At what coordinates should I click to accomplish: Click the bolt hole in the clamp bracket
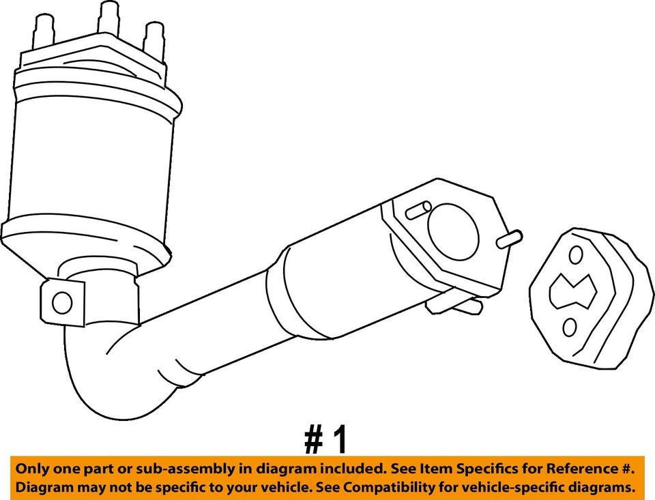pyautogui.click(x=61, y=302)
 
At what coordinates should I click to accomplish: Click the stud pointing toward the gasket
pyautogui.click(x=510, y=239)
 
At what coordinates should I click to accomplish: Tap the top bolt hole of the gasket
pyautogui.click(x=576, y=255)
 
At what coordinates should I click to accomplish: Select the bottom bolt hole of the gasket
pyautogui.click(x=569, y=328)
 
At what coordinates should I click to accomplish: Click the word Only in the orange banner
pyautogui.click(x=32, y=469)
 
